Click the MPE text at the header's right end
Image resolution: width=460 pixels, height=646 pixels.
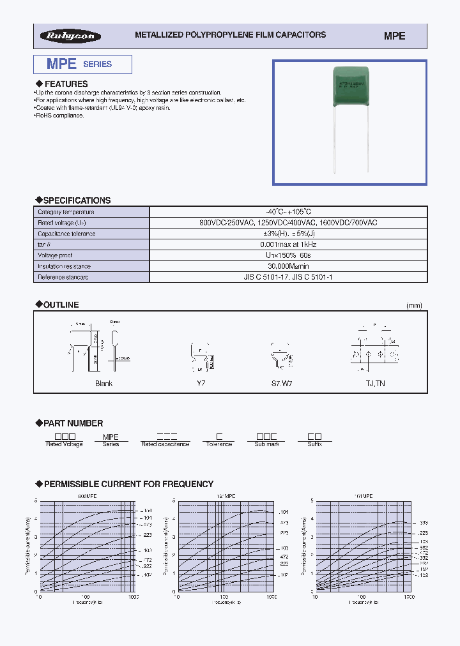pyautogui.click(x=394, y=36)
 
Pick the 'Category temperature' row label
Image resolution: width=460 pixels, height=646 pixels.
pyautogui.click(x=66, y=212)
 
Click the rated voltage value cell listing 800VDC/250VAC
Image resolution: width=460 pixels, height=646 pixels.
pyautogui.click(x=288, y=223)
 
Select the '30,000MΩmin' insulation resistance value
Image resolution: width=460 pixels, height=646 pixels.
pyautogui.click(x=288, y=266)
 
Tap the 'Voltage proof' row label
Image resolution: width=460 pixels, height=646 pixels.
pyautogui.click(x=56, y=255)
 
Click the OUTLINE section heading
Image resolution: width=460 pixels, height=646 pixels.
pyautogui.click(x=61, y=305)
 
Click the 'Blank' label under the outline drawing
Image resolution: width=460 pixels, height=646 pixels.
pyautogui.click(x=103, y=384)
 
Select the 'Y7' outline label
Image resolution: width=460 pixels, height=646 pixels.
pyautogui.click(x=201, y=384)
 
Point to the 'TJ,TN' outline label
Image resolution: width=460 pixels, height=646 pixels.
pyautogui.click(x=374, y=384)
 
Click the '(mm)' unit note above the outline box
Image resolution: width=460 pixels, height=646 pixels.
pyautogui.click(x=414, y=306)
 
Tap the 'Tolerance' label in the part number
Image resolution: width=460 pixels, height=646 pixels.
pyautogui.click(x=218, y=444)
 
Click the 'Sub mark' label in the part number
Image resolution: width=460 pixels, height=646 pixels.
pyautogui.click(x=266, y=444)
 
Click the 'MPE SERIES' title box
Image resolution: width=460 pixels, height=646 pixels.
pyautogui.click(x=82, y=64)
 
